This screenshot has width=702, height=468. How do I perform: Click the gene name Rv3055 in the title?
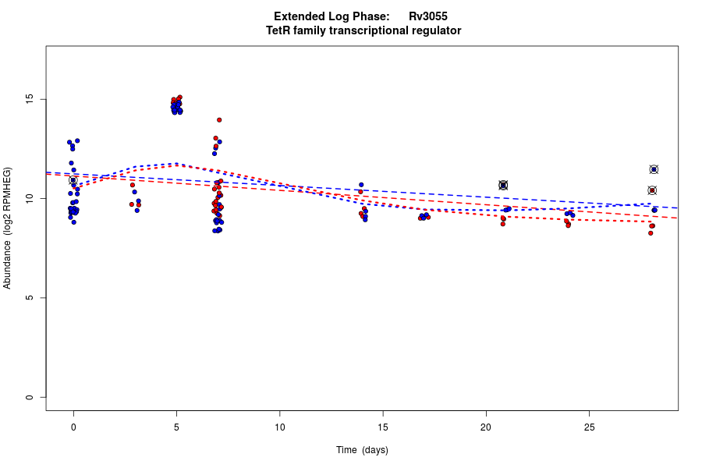pyautogui.click(x=427, y=16)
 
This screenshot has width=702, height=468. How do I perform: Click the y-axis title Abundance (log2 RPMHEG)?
pyautogui.click(x=8, y=228)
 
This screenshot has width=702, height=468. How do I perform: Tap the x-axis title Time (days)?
pyautogui.click(x=362, y=450)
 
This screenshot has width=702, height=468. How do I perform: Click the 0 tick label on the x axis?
pyautogui.click(x=73, y=427)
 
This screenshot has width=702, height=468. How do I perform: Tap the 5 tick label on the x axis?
pyautogui.click(x=176, y=427)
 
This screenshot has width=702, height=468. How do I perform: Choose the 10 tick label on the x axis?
pyautogui.click(x=279, y=427)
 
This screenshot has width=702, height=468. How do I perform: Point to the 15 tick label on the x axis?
pyautogui.click(x=383, y=427)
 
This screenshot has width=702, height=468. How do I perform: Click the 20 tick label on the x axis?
pyautogui.click(x=486, y=427)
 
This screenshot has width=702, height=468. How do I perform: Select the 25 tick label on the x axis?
pyautogui.click(x=589, y=427)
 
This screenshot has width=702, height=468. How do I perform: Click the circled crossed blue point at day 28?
pyautogui.click(x=654, y=169)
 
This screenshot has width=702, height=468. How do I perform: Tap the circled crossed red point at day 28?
pyautogui.click(x=652, y=190)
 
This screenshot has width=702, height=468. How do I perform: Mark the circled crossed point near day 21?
pyautogui.click(x=503, y=185)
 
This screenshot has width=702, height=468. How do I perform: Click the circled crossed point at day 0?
pyautogui.click(x=73, y=180)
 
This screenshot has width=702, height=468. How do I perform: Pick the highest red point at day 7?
pyautogui.click(x=219, y=120)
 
